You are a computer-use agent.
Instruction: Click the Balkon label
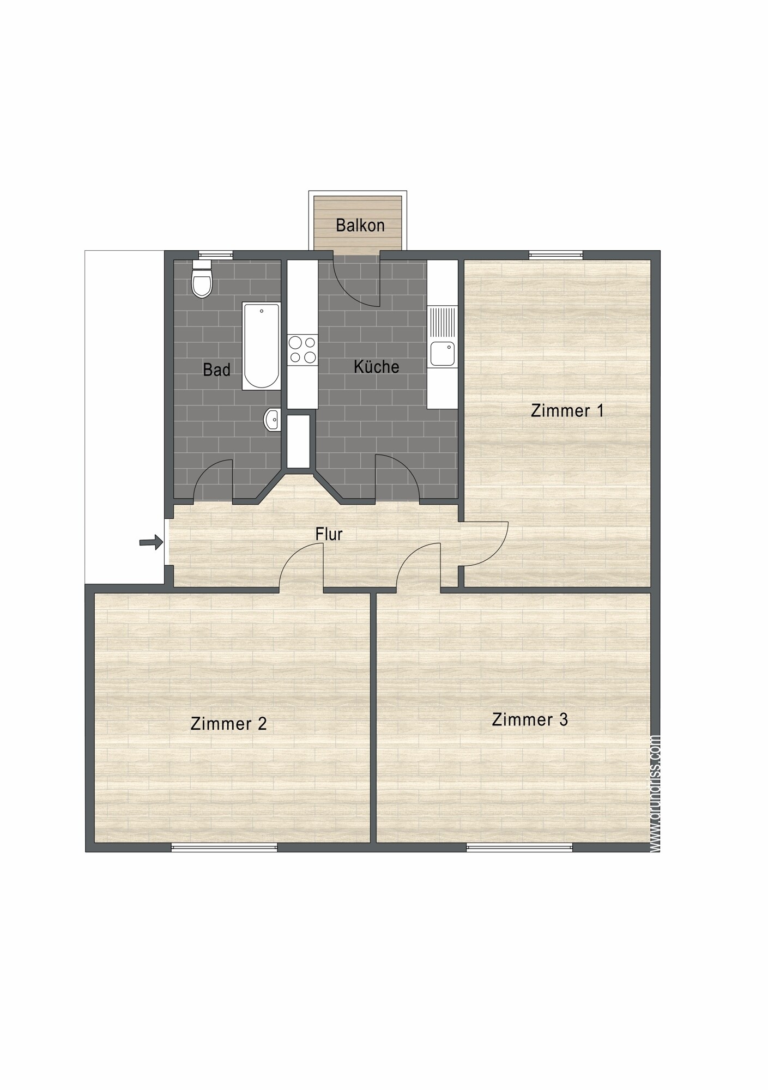tap(360, 225)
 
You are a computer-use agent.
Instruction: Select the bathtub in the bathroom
tap(262, 346)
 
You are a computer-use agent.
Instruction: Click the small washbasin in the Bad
tap(273, 420)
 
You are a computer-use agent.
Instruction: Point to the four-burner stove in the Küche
tap(303, 350)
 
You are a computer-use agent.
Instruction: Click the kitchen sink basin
tap(442, 353)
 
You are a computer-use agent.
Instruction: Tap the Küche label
tap(376, 367)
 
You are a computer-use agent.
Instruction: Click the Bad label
tap(216, 370)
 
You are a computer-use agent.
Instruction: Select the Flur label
tap(329, 534)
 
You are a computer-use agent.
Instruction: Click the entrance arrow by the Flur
tap(151, 542)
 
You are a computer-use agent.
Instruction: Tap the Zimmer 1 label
tap(567, 410)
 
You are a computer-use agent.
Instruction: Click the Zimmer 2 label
tap(228, 724)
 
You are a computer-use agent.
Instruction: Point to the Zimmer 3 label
tap(530, 719)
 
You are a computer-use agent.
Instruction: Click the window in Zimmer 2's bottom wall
tap(224, 847)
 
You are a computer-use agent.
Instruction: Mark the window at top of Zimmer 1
tap(555, 254)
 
